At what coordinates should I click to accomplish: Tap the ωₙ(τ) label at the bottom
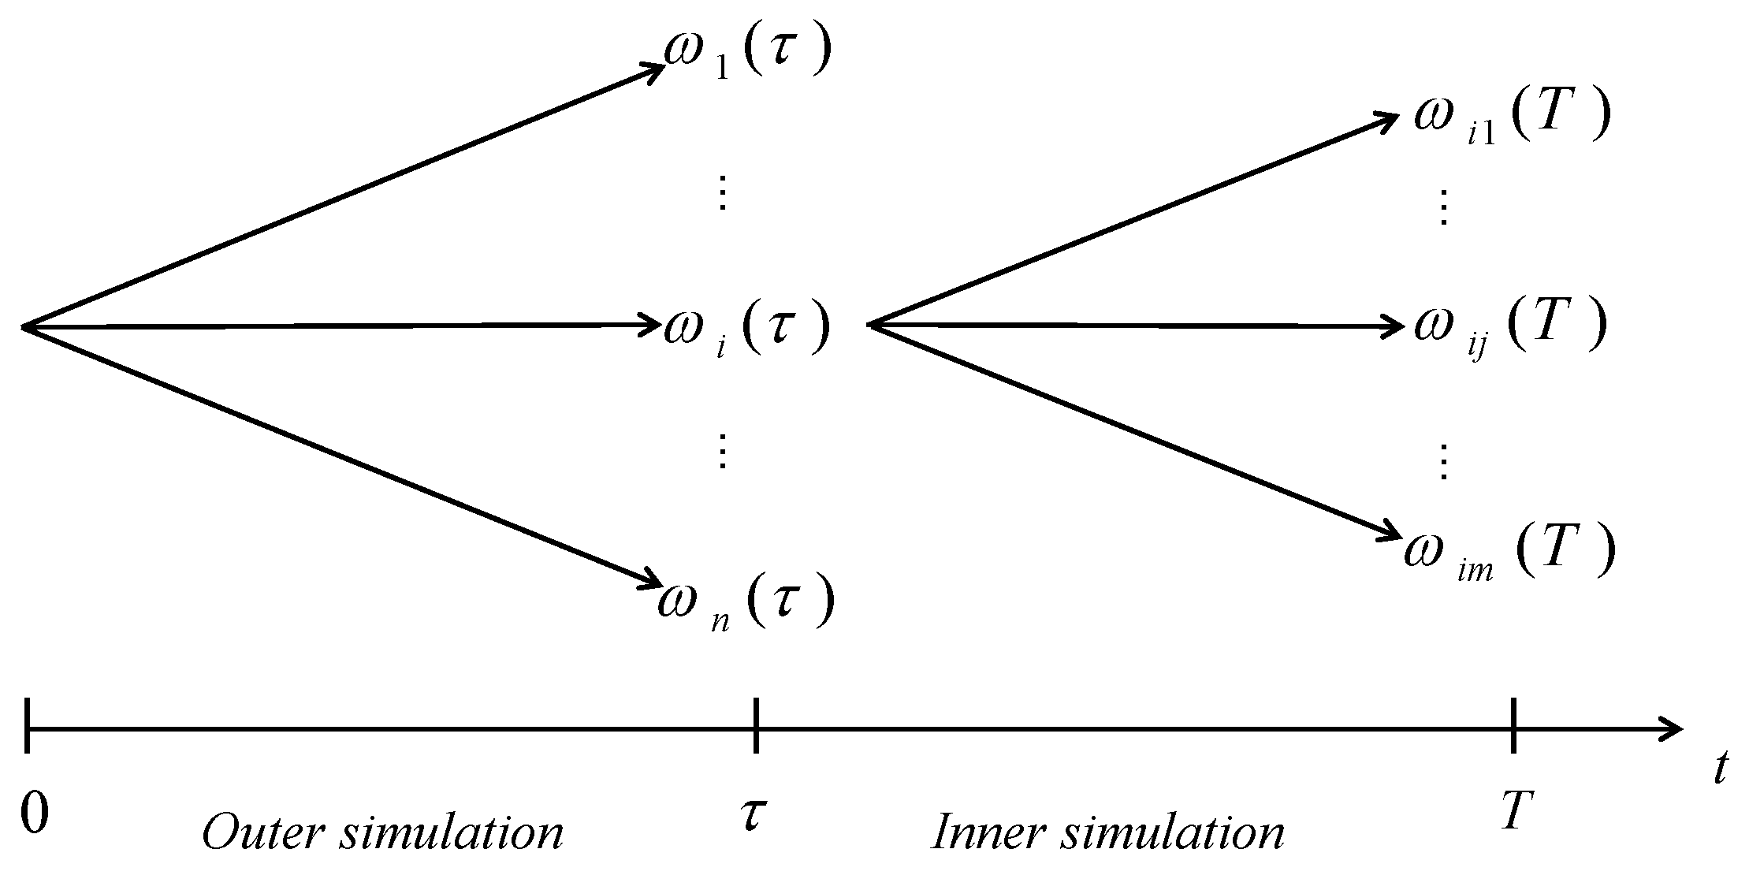(745, 603)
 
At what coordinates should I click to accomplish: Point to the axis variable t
(1720, 768)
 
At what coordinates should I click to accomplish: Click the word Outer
(265, 832)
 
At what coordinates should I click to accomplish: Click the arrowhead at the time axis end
(1673, 729)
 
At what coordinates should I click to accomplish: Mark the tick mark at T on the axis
(1513, 724)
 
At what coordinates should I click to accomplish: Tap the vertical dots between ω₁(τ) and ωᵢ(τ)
(720, 193)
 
